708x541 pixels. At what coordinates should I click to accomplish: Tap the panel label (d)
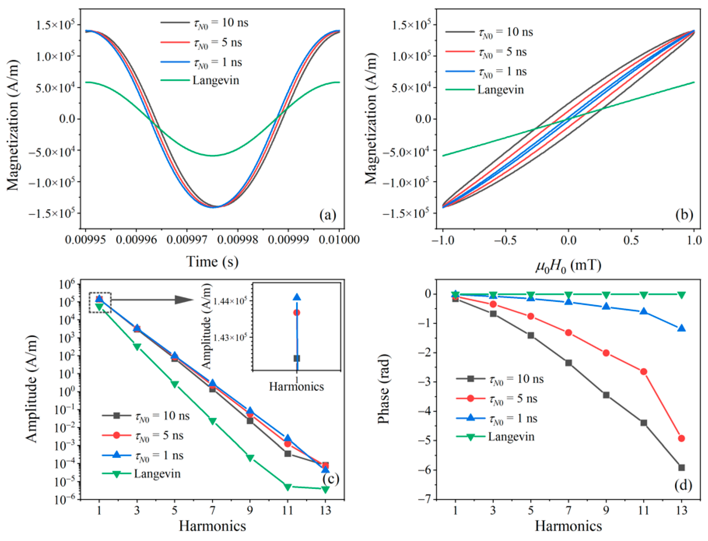click(x=683, y=485)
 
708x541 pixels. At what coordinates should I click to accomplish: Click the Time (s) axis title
click(x=212, y=261)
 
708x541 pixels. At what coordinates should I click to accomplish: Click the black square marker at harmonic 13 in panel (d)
click(x=681, y=468)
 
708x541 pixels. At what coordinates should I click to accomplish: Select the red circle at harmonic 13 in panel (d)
click(x=681, y=438)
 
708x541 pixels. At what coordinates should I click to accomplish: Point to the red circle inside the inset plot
click(x=297, y=312)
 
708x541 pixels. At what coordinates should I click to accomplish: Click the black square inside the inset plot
click(x=297, y=358)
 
